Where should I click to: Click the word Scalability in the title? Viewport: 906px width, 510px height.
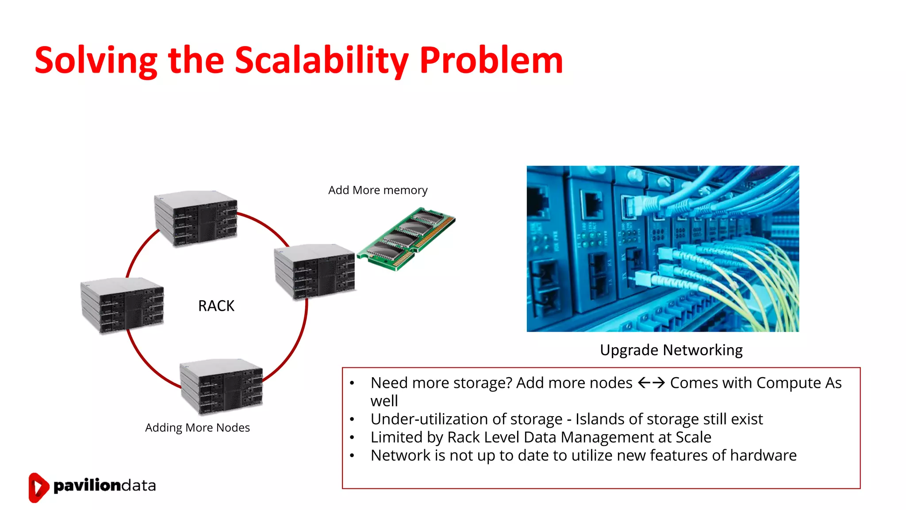[x=321, y=61]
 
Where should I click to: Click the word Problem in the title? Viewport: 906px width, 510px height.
[x=491, y=61]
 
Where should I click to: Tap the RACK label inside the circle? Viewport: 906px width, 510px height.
[x=216, y=306]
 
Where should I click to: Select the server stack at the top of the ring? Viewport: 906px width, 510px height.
[x=196, y=218]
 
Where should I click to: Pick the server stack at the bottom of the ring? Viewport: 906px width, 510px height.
[x=221, y=386]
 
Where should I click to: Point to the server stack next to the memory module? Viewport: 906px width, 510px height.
[x=315, y=271]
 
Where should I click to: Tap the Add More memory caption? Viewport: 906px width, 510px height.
[x=377, y=190]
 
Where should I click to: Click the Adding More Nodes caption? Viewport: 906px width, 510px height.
[x=197, y=428]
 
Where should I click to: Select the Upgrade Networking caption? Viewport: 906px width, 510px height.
[x=671, y=350]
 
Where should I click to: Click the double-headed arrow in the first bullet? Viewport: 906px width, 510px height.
[x=651, y=383]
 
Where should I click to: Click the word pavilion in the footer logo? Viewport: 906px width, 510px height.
[x=87, y=486]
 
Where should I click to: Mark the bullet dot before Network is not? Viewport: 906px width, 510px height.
[x=352, y=456]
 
